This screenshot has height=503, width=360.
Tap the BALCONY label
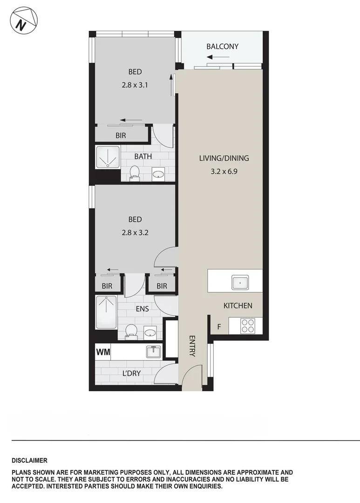[x=222, y=46]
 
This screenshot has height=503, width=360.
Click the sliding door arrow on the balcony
[x=218, y=57]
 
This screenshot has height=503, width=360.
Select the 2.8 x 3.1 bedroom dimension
[x=135, y=85]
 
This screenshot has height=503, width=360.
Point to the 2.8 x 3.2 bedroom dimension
[x=135, y=232]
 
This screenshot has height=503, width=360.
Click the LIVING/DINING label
[x=224, y=158]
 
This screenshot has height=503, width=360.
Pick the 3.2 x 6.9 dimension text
[x=224, y=171]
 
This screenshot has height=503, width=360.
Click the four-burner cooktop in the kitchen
[x=248, y=325]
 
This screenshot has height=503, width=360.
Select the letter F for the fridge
[x=219, y=327]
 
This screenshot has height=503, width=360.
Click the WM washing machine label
[x=103, y=352]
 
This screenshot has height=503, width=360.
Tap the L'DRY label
[x=131, y=374]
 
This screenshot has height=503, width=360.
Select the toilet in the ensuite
[x=131, y=332]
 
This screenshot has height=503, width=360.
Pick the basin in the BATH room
[x=159, y=175]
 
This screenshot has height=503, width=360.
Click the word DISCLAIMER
[x=29, y=461]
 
